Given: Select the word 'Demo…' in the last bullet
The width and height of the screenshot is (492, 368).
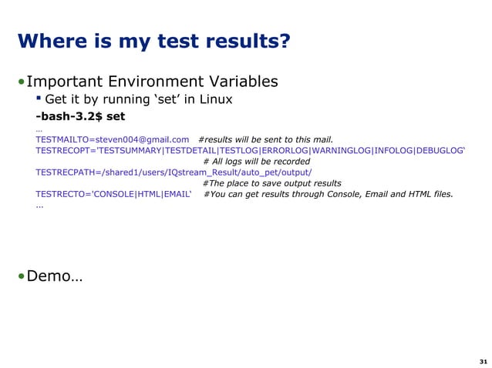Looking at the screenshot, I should (55, 275).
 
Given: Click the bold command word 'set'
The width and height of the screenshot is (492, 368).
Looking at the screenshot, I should (116, 117).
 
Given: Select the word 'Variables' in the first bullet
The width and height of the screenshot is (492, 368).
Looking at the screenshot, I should (242, 82).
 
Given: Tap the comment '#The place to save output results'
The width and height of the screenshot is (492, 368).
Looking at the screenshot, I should (271, 183).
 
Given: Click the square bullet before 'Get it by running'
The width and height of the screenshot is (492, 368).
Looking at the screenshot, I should (39, 99).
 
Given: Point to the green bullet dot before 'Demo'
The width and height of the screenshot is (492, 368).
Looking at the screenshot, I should (22, 276).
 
